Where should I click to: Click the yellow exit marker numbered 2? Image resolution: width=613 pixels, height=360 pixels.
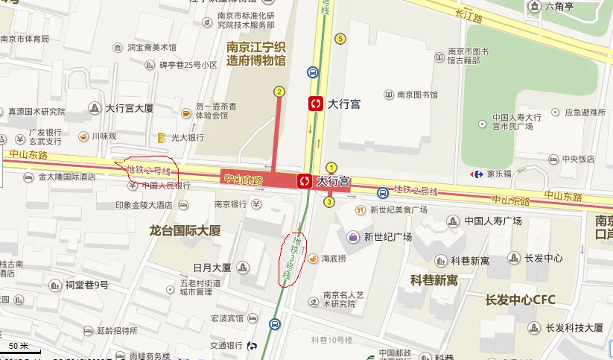coord(279,92)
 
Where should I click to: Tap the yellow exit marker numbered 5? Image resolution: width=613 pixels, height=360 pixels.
coord(340,39)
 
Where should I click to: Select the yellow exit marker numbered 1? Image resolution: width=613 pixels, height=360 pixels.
coord(332,168)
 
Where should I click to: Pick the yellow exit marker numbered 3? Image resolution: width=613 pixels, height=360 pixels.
coord(328,201)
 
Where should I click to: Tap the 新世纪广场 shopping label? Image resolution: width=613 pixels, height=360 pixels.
coord(387,238)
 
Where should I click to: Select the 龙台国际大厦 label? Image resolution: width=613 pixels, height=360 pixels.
coord(185,231)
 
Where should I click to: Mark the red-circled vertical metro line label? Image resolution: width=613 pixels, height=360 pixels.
coord(293,260)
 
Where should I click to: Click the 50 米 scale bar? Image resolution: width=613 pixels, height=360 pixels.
coord(21,347)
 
